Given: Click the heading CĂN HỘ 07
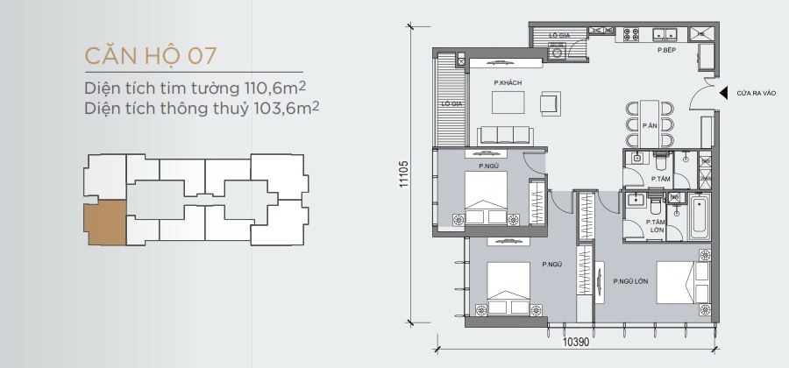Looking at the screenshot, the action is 151,56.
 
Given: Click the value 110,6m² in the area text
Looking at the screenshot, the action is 274,88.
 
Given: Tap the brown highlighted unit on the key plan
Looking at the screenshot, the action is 105,223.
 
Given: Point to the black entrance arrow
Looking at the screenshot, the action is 723,93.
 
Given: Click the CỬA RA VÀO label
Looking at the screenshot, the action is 757,93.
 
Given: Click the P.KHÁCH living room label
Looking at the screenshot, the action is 508,83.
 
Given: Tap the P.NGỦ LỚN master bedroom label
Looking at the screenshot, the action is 630,281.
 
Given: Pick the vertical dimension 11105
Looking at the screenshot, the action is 404,174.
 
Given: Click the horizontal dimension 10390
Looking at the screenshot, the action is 575,343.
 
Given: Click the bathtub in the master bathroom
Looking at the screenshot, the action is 700,216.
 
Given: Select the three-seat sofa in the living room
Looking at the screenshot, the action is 505,135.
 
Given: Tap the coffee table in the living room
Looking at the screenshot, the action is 508,102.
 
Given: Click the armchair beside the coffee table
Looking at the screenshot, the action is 551,103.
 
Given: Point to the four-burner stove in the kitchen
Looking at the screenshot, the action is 631,34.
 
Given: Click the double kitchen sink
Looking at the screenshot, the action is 665,34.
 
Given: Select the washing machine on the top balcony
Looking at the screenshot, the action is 557,52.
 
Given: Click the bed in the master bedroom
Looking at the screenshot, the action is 683,282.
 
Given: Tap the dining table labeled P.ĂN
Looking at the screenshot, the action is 650,124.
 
